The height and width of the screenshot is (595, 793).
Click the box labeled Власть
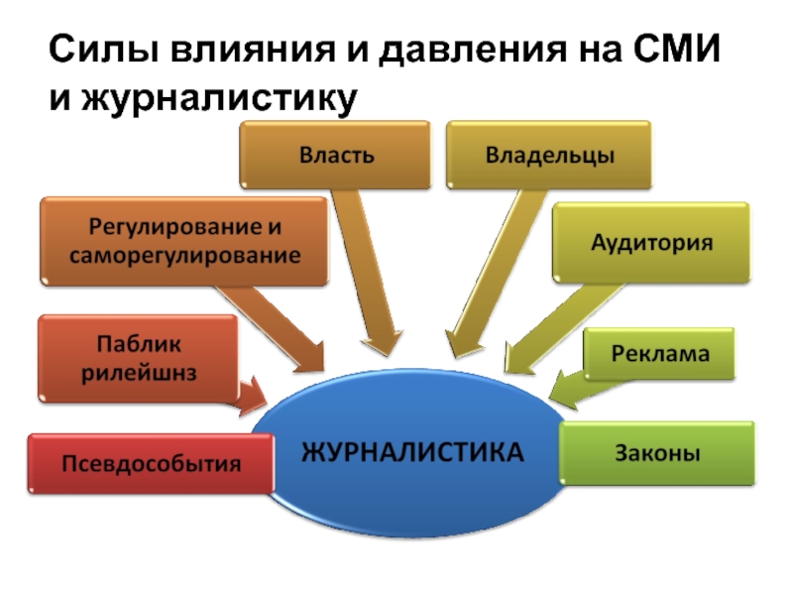(x=335, y=155)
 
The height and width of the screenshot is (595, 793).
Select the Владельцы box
(x=549, y=155)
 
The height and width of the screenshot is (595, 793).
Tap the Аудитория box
(x=651, y=242)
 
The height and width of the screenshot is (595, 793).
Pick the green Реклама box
(x=659, y=354)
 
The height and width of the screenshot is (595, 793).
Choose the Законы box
(x=657, y=453)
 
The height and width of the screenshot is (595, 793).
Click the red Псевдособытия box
(x=152, y=463)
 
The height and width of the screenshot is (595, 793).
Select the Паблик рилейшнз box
(x=138, y=359)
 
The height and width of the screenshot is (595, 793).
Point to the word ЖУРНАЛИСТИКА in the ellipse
(x=412, y=452)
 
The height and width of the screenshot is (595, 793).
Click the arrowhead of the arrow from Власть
(x=383, y=344)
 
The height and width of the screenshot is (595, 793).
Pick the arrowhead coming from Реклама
(x=562, y=391)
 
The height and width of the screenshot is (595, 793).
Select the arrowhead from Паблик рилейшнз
(x=254, y=396)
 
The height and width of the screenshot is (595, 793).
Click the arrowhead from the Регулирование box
(x=311, y=358)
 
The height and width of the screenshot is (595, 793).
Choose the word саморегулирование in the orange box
(x=184, y=256)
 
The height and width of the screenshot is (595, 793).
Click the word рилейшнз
(x=139, y=374)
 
